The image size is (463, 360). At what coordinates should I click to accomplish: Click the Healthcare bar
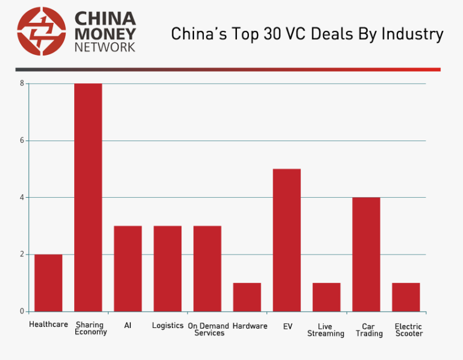click(x=48, y=283)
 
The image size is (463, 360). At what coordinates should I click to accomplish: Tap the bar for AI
click(x=128, y=268)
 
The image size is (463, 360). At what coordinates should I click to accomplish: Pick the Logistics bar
click(x=168, y=268)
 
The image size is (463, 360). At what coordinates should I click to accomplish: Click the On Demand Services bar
click(x=207, y=268)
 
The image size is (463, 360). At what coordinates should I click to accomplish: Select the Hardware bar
click(x=247, y=297)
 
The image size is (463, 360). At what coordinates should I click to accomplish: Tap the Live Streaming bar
click(x=326, y=297)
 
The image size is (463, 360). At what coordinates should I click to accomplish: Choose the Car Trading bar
click(x=366, y=254)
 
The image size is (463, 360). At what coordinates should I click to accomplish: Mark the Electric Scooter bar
click(x=406, y=297)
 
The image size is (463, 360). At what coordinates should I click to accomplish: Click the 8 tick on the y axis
click(x=22, y=83)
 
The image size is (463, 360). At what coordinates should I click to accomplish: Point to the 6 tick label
click(x=22, y=141)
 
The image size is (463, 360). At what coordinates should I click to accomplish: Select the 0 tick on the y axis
click(x=22, y=311)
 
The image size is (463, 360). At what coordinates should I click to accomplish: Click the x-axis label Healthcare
click(x=48, y=325)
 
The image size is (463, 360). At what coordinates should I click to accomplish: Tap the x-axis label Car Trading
click(x=369, y=330)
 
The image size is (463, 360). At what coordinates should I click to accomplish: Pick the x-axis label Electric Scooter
click(x=408, y=330)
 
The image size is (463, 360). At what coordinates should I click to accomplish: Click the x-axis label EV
click(x=288, y=326)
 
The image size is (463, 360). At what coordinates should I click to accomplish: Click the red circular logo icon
click(x=42, y=31)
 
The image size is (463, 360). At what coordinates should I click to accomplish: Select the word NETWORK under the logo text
click(x=105, y=47)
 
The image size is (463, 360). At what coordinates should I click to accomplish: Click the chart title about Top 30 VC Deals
click(x=307, y=34)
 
